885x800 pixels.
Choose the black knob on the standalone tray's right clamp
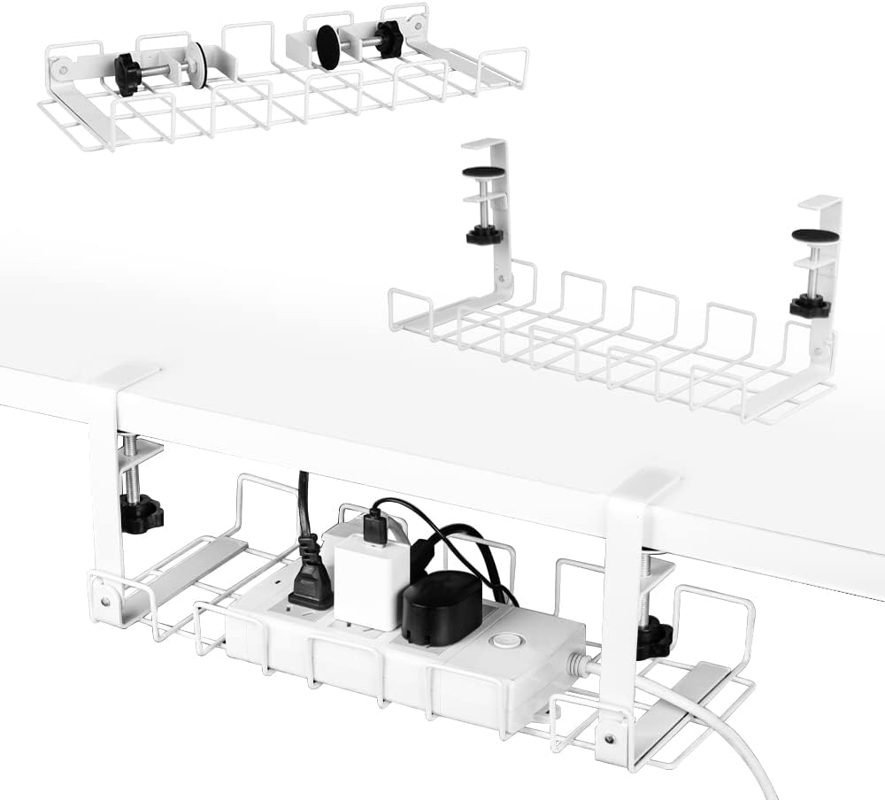[x=810, y=306]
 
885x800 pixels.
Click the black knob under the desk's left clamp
[x=142, y=513]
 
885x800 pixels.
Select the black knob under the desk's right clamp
[x=654, y=637]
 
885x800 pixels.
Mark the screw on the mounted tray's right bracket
[x=609, y=740]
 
